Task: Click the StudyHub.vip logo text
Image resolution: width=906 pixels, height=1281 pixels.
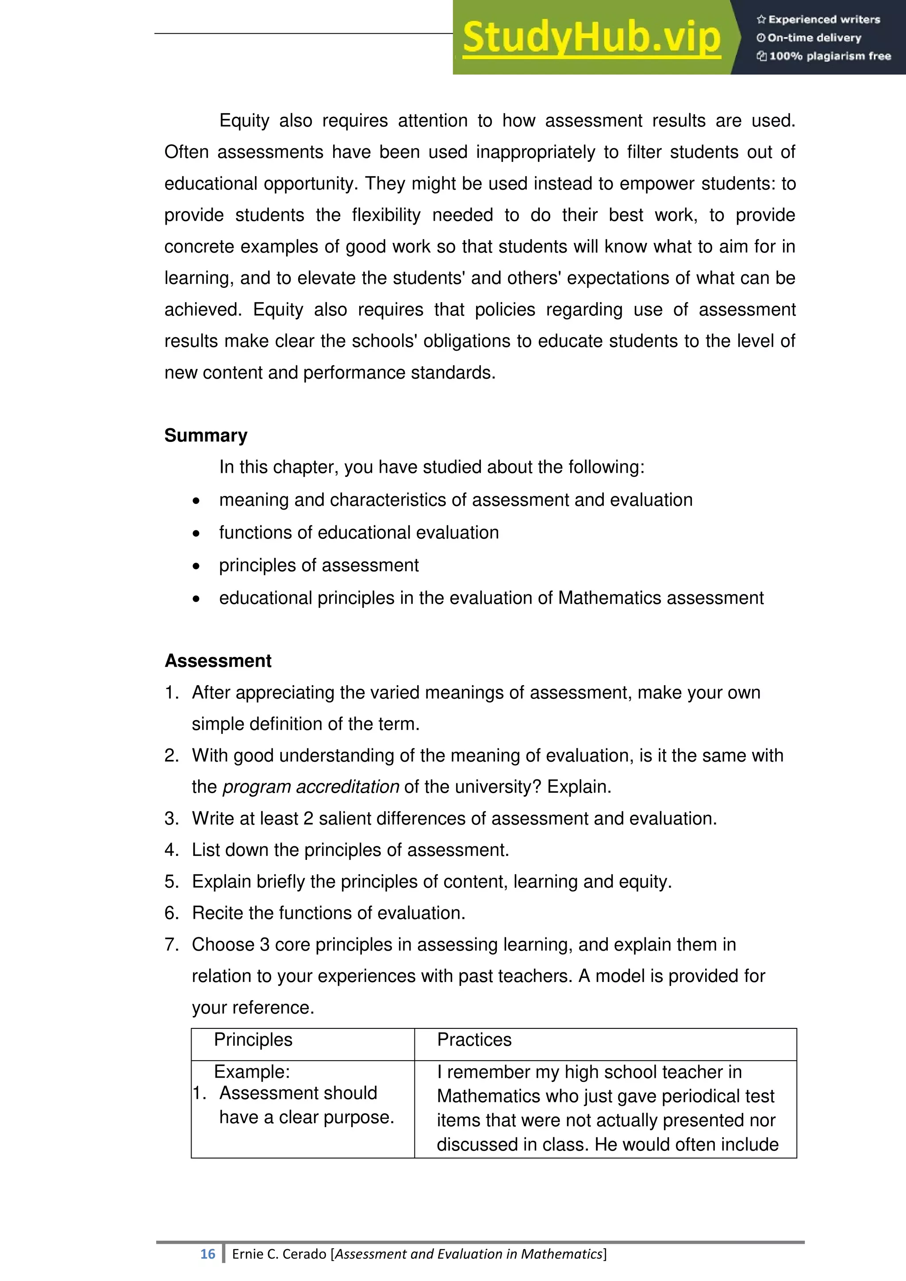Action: [x=591, y=38]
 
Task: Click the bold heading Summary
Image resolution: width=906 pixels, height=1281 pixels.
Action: [x=206, y=435]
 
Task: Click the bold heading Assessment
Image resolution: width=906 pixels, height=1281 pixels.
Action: [x=218, y=660]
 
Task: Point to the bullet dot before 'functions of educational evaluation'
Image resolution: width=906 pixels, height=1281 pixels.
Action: [x=196, y=534]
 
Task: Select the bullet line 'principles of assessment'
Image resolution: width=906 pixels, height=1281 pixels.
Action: [x=319, y=565]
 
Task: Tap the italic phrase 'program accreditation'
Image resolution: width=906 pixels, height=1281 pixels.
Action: [x=311, y=786]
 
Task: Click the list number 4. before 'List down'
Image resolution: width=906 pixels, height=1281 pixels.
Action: [x=171, y=850]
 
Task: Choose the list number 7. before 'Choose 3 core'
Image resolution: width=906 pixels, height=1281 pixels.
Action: [x=171, y=944]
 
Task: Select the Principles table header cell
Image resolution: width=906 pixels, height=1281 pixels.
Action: [x=253, y=1040]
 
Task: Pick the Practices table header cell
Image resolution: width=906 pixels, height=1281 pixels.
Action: [x=474, y=1040]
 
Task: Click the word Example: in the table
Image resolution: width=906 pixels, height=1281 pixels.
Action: [x=252, y=1072]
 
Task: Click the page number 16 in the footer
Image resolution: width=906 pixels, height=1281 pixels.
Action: [x=207, y=1254]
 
